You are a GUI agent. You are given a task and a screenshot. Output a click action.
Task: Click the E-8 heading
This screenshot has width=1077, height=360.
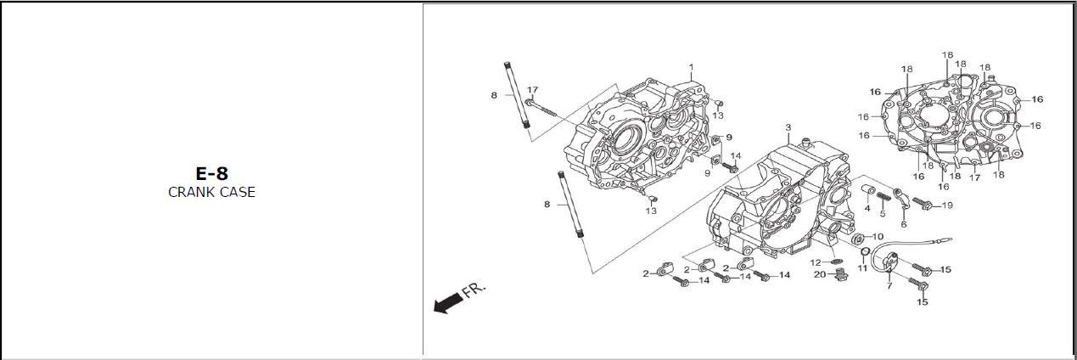211,174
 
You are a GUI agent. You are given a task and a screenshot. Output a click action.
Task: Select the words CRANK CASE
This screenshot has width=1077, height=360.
211,192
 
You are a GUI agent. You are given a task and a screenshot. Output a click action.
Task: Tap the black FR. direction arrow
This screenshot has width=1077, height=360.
448,304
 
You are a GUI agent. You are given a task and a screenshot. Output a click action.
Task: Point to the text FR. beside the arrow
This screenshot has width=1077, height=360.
474,290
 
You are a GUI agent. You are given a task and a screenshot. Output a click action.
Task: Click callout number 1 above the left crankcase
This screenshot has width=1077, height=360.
691,67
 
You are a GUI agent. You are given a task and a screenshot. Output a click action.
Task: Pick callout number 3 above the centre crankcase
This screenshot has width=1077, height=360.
788,127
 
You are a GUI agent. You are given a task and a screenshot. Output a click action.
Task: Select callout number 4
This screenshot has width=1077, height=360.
867,208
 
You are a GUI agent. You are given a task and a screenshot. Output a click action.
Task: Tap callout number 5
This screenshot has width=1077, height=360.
883,214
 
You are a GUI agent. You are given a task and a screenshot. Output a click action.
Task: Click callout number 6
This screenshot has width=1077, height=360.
904,224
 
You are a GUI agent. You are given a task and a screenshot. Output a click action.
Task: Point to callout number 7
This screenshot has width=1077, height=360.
889,286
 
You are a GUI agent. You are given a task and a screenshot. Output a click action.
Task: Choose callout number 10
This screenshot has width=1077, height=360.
878,237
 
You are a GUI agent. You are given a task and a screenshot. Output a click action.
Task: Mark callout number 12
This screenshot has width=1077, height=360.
816,262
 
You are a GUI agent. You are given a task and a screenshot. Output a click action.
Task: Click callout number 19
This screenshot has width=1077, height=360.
946,205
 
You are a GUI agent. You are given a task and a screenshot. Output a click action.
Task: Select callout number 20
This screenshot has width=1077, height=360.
820,274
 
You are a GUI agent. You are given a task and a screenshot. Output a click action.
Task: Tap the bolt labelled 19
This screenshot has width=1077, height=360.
923,204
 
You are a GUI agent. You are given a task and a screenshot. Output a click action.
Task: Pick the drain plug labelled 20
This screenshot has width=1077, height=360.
839,276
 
